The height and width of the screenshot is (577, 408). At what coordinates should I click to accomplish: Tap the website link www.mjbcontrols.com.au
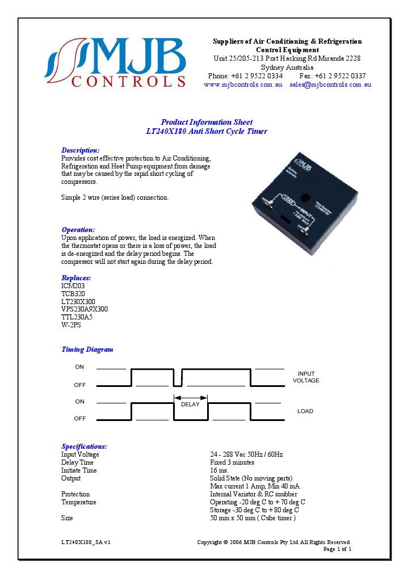coord(243,85)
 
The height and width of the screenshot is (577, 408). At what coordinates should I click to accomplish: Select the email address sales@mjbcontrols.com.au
coord(330,85)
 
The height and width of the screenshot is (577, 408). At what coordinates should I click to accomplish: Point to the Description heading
coord(80,150)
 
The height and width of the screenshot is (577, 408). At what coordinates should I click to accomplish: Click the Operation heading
coord(78,230)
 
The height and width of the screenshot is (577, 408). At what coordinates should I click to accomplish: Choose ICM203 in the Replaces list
coord(73,286)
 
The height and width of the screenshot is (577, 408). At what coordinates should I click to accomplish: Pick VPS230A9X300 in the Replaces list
coord(85,309)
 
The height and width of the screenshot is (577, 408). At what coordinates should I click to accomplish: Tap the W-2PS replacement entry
coord(71,325)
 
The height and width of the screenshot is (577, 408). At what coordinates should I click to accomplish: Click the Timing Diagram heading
coord(87,349)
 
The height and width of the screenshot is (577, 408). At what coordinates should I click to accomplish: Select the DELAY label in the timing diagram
coord(191,405)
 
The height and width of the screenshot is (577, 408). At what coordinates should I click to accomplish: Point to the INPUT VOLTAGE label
coord(306,377)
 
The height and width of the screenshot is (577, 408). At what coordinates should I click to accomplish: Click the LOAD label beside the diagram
coord(305,411)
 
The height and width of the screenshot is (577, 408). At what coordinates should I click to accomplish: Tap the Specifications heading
coord(84,447)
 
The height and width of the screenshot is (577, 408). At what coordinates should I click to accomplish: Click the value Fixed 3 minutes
coord(232,462)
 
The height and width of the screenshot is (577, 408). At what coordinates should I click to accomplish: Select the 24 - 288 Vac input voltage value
coord(246,454)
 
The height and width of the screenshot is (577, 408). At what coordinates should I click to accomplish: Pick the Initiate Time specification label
coord(79,470)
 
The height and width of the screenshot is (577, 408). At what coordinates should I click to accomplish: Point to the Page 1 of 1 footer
coord(337,549)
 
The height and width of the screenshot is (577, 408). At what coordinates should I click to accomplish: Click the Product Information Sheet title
coord(207,122)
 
